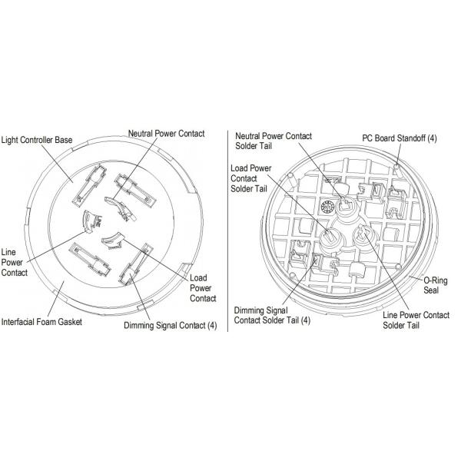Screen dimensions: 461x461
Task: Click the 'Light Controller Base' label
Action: pyautogui.click(x=36, y=140)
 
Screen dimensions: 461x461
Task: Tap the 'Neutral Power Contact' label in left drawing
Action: pyautogui.click(x=167, y=134)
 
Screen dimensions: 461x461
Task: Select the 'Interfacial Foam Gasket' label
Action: pyautogui.click(x=41, y=322)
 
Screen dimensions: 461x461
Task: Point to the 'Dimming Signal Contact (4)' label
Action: pyautogui.click(x=171, y=326)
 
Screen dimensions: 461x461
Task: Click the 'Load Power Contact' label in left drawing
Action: pyautogui.click(x=203, y=288)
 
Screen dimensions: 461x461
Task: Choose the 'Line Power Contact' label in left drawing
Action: pyautogui.click(x=14, y=262)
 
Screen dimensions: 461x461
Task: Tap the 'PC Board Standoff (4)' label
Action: pyautogui.click(x=400, y=138)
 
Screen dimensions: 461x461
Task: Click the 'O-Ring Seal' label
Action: pyautogui.click(x=436, y=285)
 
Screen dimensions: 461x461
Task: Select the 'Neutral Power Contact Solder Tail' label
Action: pyautogui.click(x=274, y=141)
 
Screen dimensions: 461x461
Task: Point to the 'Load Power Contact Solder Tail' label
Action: pyautogui.click(x=250, y=178)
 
